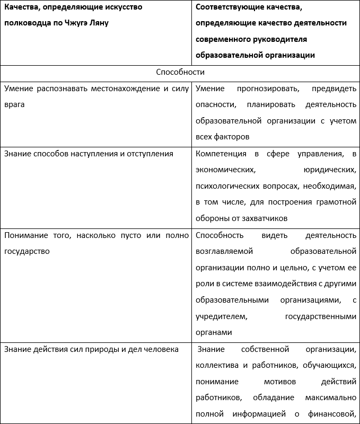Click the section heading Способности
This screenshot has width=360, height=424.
click(180, 72)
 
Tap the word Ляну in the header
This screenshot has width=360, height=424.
click(98, 23)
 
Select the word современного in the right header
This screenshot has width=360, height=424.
click(224, 39)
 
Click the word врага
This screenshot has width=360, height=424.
click(14, 104)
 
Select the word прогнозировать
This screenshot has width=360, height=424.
click(269, 89)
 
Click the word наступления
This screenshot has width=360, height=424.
click(96, 154)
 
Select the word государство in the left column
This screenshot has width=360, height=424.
click(27, 251)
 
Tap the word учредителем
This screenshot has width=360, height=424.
click(222, 316)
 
